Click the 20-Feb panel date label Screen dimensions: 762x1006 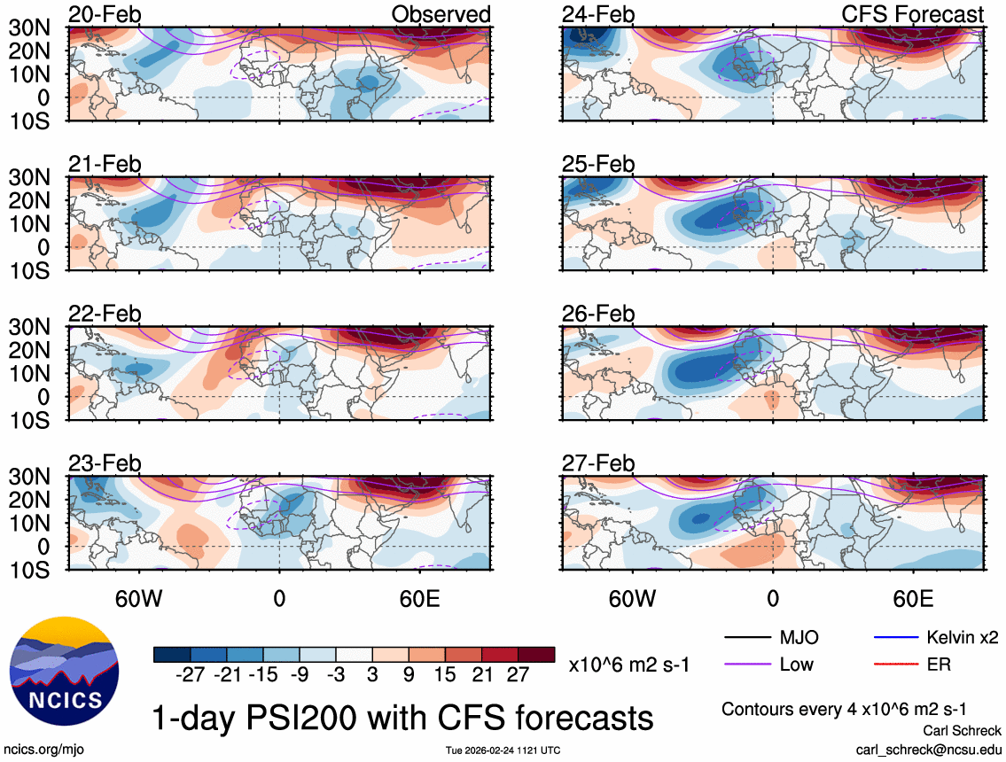click(105, 15)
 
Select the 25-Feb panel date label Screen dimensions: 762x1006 click(598, 165)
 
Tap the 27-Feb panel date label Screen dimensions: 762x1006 click(598, 463)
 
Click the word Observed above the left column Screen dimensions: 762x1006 click(441, 15)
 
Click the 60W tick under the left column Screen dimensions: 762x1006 click(139, 600)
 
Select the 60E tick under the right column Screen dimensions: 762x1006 click(913, 600)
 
